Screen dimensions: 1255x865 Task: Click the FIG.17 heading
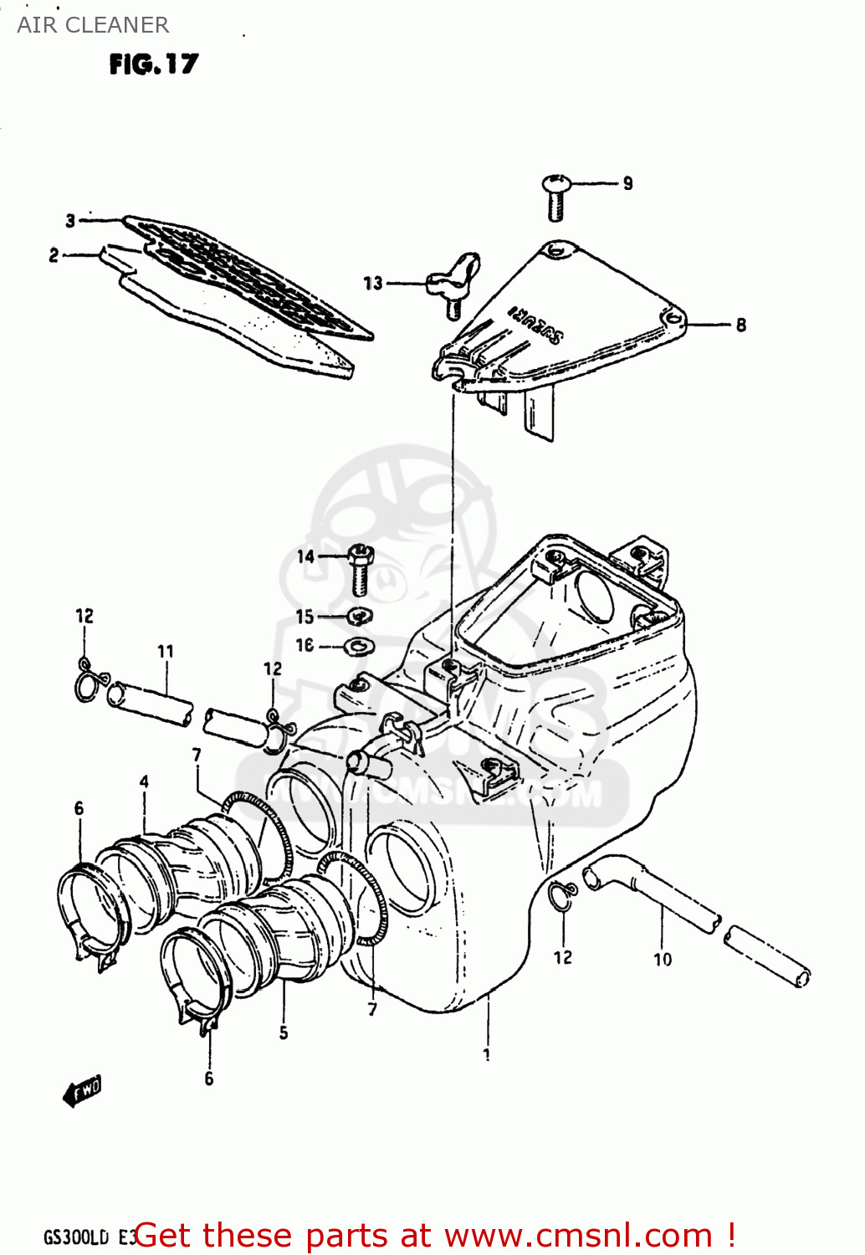tap(154, 64)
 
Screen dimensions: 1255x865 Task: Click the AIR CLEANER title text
tap(93, 25)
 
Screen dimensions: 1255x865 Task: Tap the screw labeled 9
tap(556, 196)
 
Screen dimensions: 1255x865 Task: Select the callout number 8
tap(740, 325)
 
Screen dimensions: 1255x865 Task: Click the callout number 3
tap(71, 221)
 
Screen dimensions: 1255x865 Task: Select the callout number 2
tap(54, 255)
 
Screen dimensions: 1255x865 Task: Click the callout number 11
tap(166, 651)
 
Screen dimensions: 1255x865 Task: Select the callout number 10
tap(663, 960)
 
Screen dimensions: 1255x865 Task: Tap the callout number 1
tap(487, 1055)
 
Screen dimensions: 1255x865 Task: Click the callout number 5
tap(284, 1033)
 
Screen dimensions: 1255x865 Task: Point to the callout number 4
tap(144, 781)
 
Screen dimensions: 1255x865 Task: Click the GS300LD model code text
tap(76, 1237)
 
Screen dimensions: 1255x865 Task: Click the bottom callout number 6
tap(209, 1079)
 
